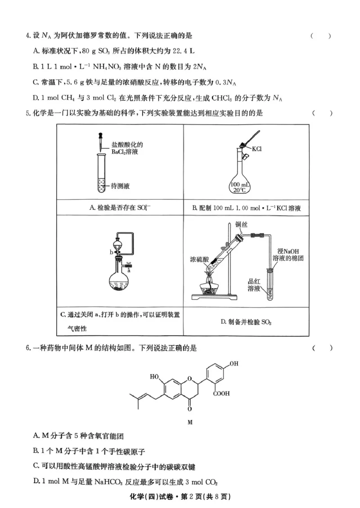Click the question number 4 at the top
pos(28,36)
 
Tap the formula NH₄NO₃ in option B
pos(106,67)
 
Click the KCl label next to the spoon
pos(257,149)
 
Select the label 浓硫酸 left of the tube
pos(198,259)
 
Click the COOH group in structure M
pos(222,393)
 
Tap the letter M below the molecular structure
pos(189,422)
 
